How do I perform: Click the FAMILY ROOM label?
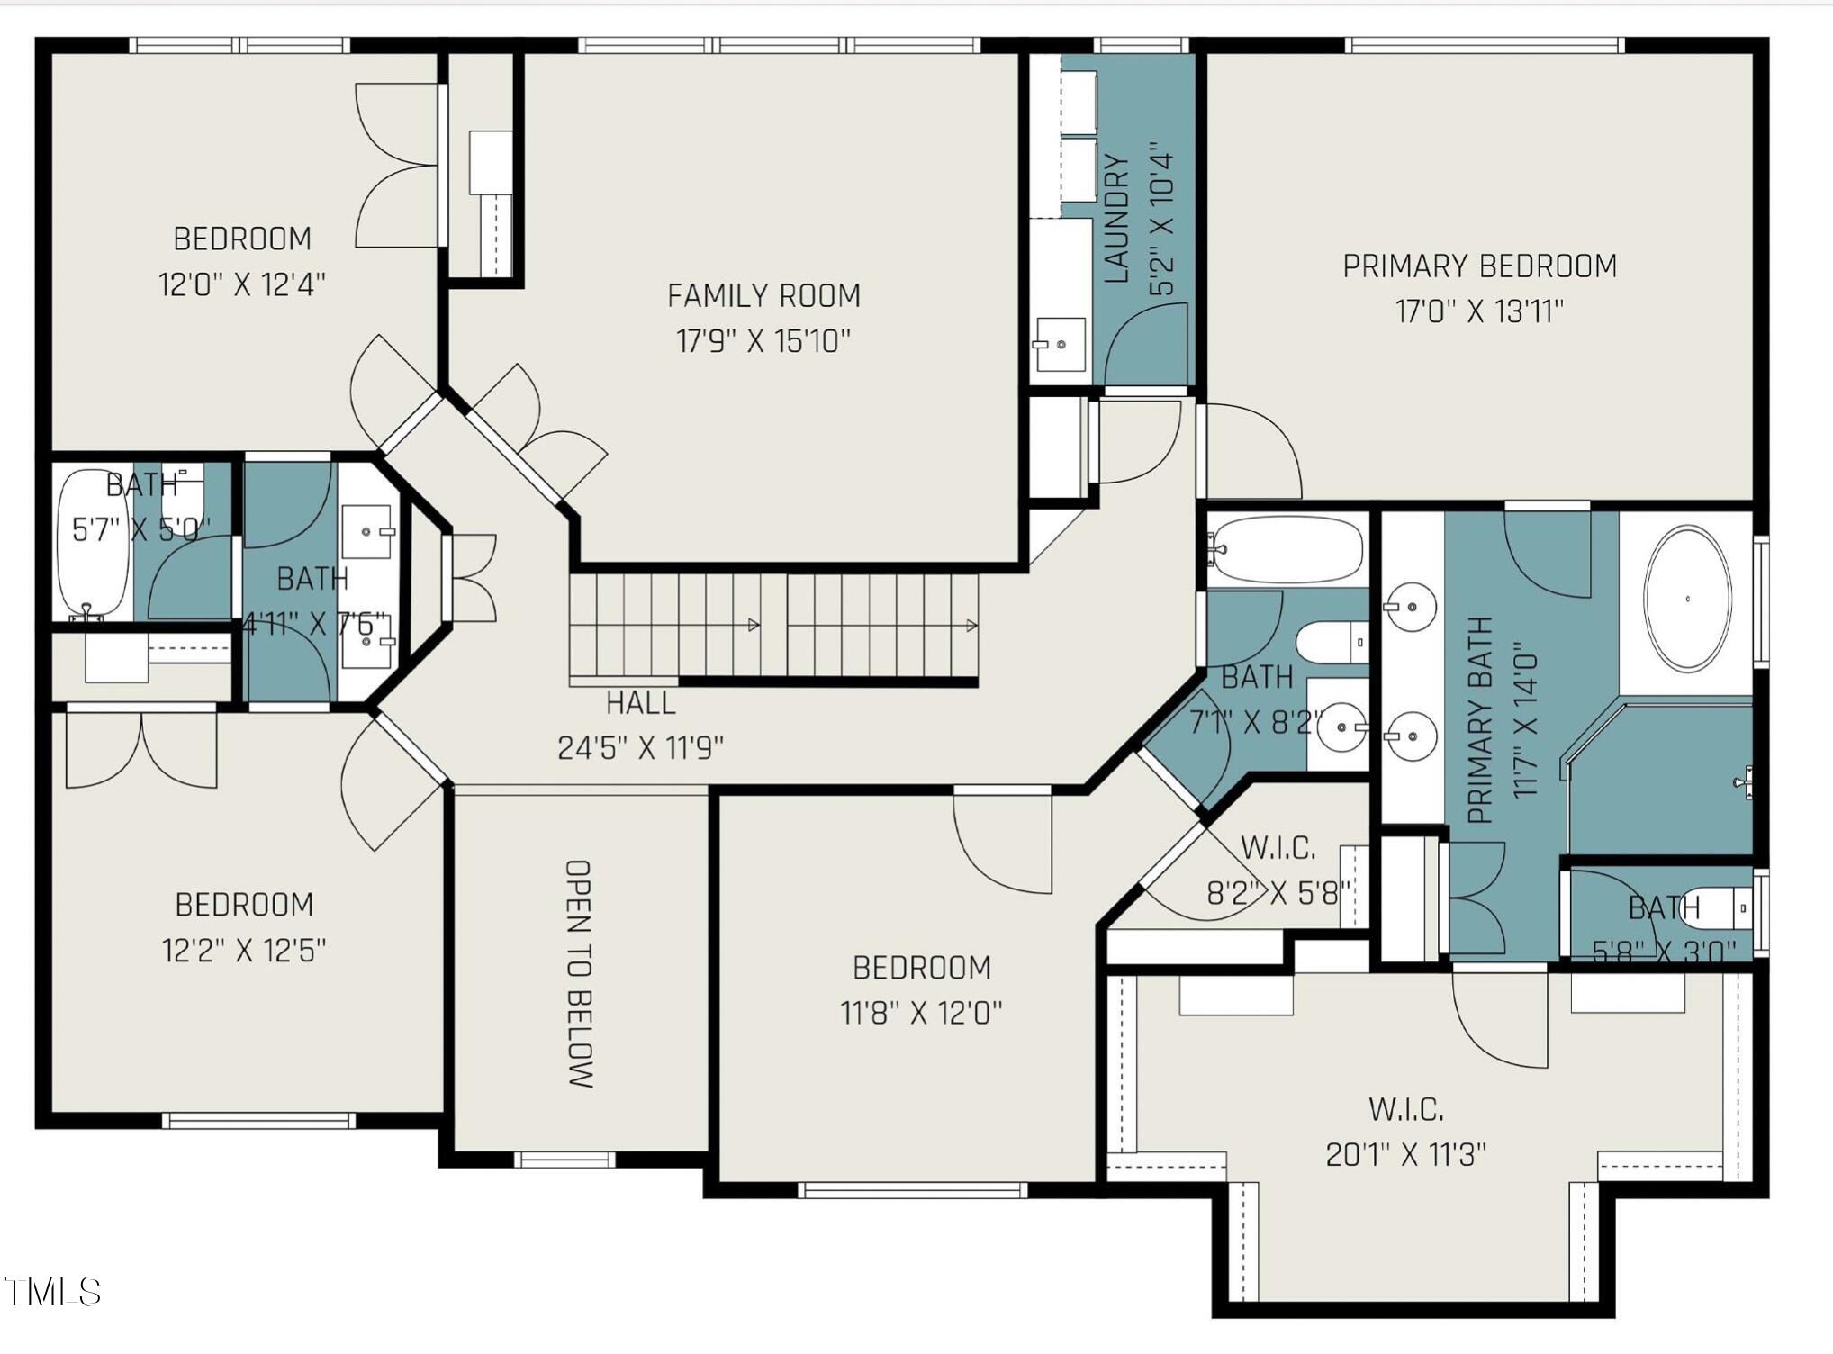pyautogui.click(x=763, y=295)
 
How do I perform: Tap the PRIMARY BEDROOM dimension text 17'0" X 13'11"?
pyautogui.click(x=1479, y=311)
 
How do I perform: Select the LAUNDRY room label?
pyautogui.click(x=1115, y=218)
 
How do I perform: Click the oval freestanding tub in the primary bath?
pyautogui.click(x=1686, y=599)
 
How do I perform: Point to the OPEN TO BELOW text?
pyautogui.click(x=578, y=973)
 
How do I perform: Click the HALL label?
pyautogui.click(x=640, y=702)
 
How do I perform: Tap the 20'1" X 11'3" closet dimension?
pyautogui.click(x=1405, y=1154)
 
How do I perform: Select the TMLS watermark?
pyautogui.click(x=51, y=1292)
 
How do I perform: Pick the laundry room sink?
pyautogui.click(x=1060, y=344)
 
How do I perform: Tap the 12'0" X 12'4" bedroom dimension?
pyautogui.click(x=241, y=284)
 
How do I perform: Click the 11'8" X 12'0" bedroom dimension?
pyautogui.click(x=920, y=1013)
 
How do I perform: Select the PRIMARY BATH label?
pyautogui.click(x=1480, y=720)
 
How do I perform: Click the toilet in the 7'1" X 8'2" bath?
pyautogui.click(x=1332, y=642)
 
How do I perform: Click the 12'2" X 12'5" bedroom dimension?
pyautogui.click(x=243, y=950)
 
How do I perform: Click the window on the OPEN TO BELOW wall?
pyautogui.click(x=564, y=1160)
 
